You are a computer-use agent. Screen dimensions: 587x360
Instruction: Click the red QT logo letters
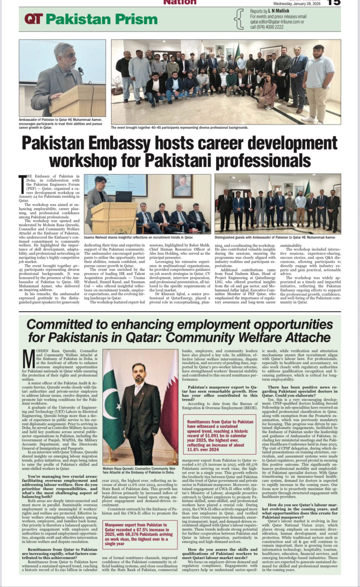pos(33,19)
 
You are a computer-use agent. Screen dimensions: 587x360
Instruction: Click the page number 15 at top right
pos(334,3)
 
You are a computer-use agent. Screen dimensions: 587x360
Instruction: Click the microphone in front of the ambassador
pos(80,70)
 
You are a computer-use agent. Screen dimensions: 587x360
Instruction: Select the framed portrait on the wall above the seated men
pos(183,186)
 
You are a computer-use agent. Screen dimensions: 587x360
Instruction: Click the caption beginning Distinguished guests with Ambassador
pos(275,237)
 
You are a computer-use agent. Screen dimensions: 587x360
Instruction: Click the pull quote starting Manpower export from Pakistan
pos(139,534)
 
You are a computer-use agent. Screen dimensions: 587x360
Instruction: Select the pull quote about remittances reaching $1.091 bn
pos(220,435)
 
